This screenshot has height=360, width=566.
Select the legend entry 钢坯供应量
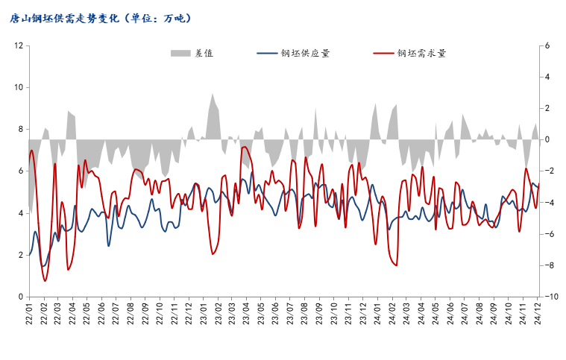305,54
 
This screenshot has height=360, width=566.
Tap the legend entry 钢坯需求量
422,54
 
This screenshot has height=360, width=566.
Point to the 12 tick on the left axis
19,45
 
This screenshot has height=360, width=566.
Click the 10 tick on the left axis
19,87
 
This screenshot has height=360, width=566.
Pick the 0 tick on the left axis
21,297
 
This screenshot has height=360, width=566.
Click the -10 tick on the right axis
550,297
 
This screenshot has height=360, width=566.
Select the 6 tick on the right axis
547,45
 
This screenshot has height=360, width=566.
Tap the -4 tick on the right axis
549,203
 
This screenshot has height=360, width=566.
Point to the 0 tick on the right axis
547,139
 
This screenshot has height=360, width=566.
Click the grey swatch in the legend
180,54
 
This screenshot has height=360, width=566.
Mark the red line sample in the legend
383,54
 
